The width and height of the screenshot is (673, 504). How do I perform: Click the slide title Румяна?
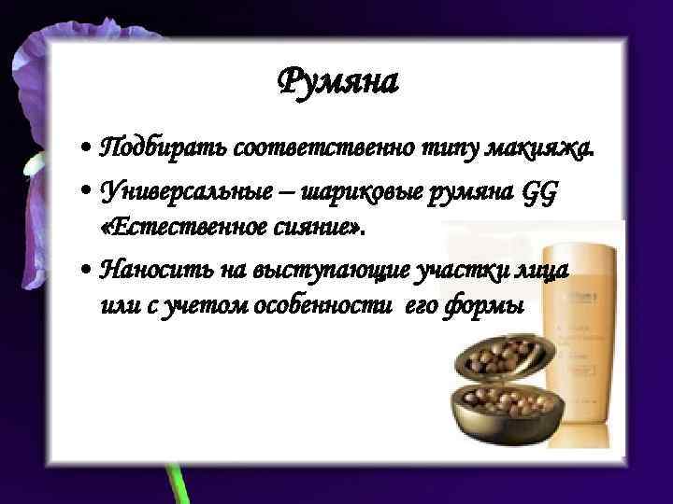tap(338, 83)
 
